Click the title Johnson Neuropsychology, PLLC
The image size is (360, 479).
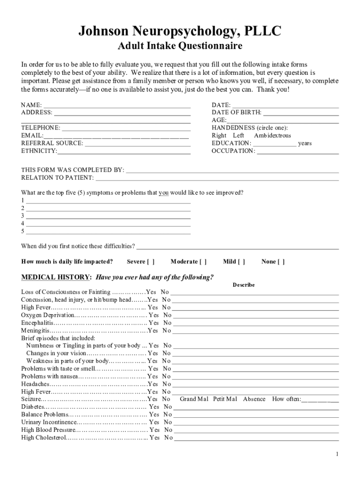click(x=180, y=31)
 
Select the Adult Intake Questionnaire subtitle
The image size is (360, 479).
click(x=180, y=46)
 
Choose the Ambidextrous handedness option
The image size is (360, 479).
click(x=272, y=136)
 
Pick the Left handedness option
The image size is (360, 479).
click(x=238, y=136)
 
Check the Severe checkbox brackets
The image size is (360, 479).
click(x=151, y=261)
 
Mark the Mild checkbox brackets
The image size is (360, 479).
click(x=241, y=261)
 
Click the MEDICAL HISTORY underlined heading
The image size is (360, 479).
click(x=56, y=277)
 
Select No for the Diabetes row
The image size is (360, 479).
click(x=168, y=407)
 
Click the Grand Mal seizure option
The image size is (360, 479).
click(x=194, y=399)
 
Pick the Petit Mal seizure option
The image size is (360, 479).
click(x=225, y=399)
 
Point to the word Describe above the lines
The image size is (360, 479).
click(x=244, y=285)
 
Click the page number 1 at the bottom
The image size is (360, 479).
click(x=337, y=454)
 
